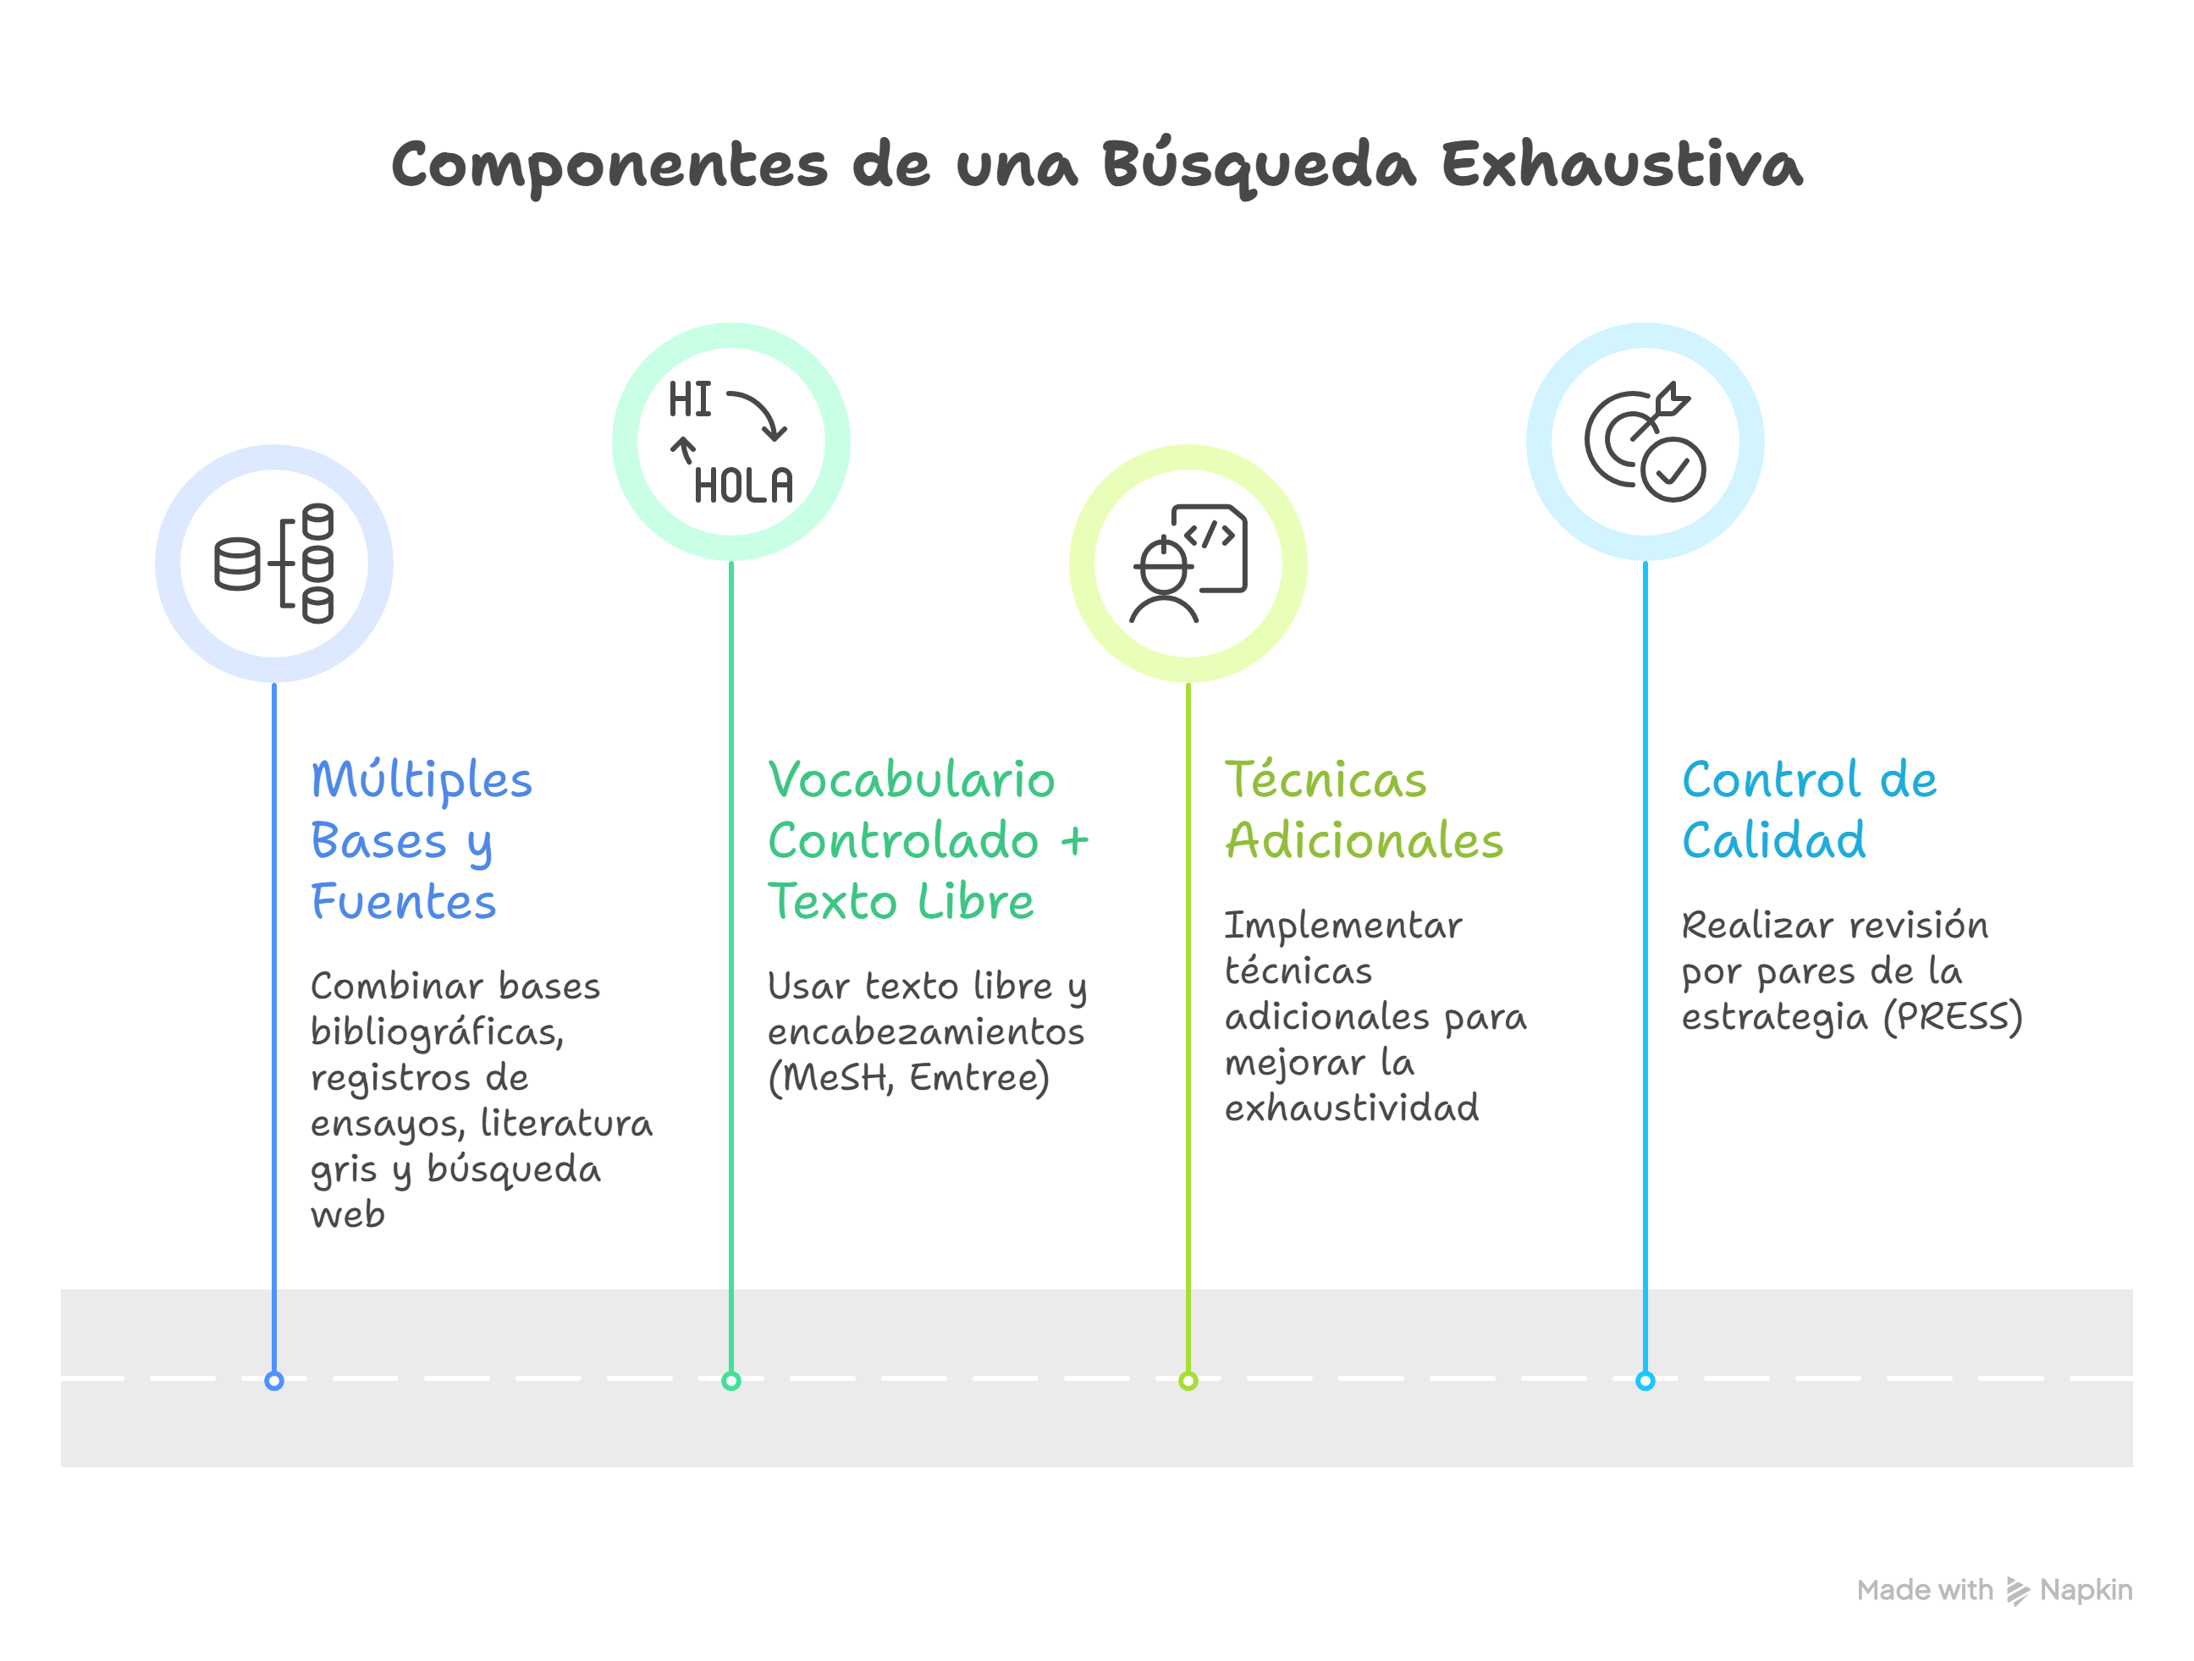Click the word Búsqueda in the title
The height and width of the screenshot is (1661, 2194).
pyautogui.click(x=1259, y=165)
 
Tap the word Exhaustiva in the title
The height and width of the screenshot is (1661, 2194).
pyautogui.click(x=1621, y=165)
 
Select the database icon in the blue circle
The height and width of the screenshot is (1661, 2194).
pyautogui.click(x=273, y=564)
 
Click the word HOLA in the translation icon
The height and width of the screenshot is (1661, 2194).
pyautogui.click(x=743, y=486)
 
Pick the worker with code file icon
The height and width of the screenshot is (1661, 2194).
pyautogui.click(x=1188, y=564)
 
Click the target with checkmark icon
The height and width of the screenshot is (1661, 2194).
pyautogui.click(x=1645, y=443)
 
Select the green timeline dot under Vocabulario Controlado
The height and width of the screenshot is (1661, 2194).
pyautogui.click(x=731, y=1380)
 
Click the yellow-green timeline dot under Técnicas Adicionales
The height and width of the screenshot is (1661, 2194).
pyautogui.click(x=1188, y=1380)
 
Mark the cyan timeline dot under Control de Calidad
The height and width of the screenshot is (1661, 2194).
pyautogui.click(x=1645, y=1380)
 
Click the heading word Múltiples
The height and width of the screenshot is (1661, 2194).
pyautogui.click(x=422, y=781)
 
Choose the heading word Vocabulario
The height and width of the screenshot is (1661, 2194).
pyautogui.click(x=912, y=781)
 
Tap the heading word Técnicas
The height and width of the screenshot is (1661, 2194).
pyautogui.click(x=1326, y=781)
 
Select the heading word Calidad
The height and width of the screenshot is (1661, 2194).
pyautogui.click(x=1773, y=841)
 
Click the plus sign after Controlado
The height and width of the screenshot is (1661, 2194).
pyautogui.click(x=1074, y=842)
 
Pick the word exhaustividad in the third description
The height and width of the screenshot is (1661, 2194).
pyautogui.click(x=1351, y=1108)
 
